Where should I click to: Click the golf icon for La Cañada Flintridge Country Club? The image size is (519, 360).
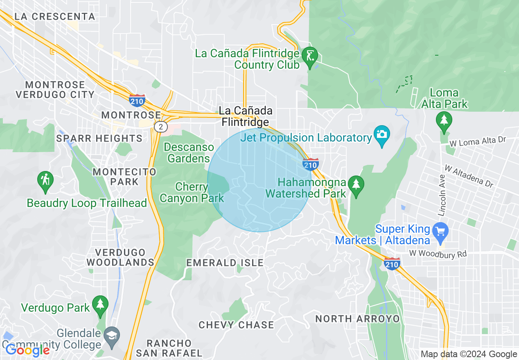[309, 55]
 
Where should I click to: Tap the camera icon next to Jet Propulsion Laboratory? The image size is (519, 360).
[381, 135]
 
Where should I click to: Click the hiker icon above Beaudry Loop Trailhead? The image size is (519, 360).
[45, 179]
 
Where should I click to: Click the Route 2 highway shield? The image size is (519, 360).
[160, 127]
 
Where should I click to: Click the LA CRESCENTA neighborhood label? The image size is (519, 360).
[54, 17]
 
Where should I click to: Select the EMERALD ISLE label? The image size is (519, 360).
[225, 263]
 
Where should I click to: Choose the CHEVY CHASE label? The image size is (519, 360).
[236, 325]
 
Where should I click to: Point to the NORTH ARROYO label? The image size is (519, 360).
[357, 318]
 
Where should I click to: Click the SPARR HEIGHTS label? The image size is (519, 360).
[99, 138]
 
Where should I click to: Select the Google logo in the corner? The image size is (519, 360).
[27, 350]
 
